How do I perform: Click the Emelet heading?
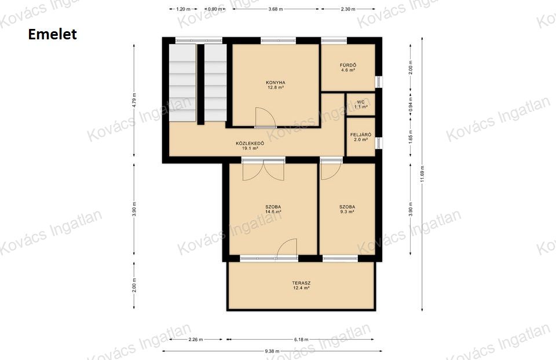pyautogui.click(x=52, y=34)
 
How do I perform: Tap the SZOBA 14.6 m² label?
pyautogui.click(x=273, y=210)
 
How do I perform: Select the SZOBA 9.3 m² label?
pyautogui.click(x=347, y=210)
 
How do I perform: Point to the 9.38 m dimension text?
pyautogui.click(x=272, y=351)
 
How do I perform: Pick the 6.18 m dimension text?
pyautogui.click(x=301, y=339)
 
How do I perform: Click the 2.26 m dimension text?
pyautogui.click(x=195, y=339)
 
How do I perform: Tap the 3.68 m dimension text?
pyautogui.click(x=275, y=9)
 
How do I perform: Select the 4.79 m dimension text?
pyautogui.click(x=134, y=100)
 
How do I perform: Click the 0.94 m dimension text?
pyautogui.click(x=411, y=105)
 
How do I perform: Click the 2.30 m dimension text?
pyautogui.click(x=348, y=9)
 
